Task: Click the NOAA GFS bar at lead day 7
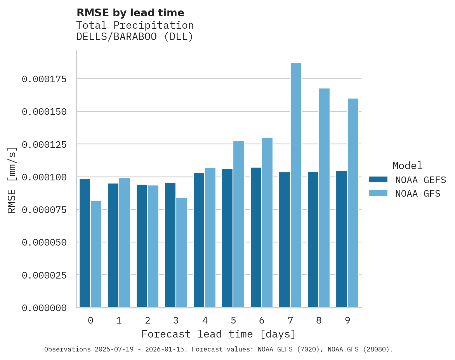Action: click(296, 185)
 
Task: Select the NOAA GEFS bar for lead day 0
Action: click(85, 243)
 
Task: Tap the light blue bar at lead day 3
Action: click(182, 253)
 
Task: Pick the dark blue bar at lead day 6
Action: click(256, 237)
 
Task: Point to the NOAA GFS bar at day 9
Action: click(353, 203)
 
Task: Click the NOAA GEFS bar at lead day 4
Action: click(199, 240)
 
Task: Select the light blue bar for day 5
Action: click(239, 224)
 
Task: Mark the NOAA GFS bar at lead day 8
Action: click(324, 198)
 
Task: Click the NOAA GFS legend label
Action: click(418, 193)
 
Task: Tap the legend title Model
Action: click(407, 166)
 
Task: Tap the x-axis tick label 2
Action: click(148, 320)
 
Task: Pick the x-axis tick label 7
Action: click(290, 320)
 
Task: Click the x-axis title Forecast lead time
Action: click(218, 334)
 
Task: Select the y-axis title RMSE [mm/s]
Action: click(12, 180)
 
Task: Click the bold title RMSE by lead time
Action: click(130, 13)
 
